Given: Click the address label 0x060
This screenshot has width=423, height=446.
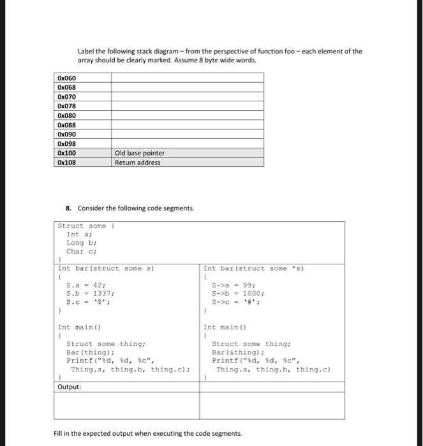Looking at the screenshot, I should (66, 78).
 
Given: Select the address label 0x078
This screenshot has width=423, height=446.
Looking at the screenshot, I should (66, 106).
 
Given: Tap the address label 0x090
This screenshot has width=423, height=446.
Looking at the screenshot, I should (66, 134).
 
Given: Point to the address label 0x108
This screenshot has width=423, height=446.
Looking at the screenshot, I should (66, 162).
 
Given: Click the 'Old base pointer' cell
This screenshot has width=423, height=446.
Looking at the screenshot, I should (140, 153).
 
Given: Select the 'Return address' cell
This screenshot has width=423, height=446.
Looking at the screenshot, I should (138, 162).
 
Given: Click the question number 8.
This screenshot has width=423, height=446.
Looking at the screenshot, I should (69, 208).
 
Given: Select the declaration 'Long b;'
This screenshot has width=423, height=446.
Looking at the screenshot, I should (81, 243).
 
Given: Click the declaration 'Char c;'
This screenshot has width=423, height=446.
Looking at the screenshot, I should (81, 251).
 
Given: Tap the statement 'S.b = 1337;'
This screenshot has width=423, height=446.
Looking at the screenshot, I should (90, 294).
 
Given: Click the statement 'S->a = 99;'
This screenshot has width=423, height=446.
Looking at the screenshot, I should (234, 285).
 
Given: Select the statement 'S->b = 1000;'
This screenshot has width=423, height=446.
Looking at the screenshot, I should (237, 294).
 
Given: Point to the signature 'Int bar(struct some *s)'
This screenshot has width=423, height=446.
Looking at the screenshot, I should (252, 268).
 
